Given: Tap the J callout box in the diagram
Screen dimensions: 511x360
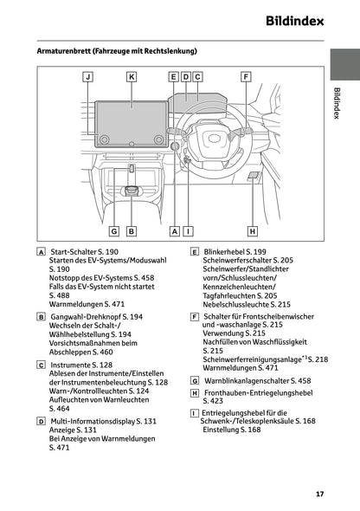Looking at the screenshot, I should click(x=89, y=77).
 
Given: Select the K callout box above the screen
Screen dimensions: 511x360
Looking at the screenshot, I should click(x=132, y=77).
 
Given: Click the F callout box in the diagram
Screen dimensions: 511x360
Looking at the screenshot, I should click(x=247, y=77).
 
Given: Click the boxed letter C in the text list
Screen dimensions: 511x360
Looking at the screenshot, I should click(x=42, y=365).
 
